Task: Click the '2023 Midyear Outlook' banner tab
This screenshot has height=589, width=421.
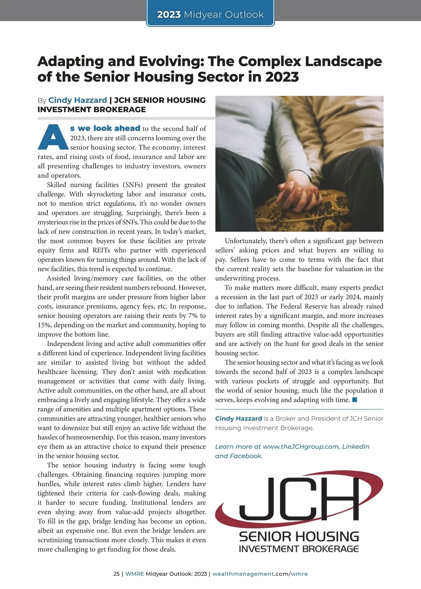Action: point(210,14)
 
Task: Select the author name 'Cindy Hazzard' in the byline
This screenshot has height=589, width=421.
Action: point(78,100)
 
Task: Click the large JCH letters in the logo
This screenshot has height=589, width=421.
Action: point(298,498)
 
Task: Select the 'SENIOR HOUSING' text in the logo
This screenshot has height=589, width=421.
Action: point(299,536)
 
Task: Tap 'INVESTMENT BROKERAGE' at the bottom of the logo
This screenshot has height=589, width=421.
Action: point(299,549)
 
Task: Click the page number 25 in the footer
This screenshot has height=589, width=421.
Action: point(116,574)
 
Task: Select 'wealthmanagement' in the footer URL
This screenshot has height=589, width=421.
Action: point(243,574)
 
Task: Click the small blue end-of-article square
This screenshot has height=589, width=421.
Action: point(355,400)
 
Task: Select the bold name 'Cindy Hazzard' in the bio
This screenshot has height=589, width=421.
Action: point(239,419)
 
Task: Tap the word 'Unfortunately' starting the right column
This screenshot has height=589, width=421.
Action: point(246,241)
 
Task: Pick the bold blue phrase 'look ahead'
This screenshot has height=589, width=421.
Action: point(117,128)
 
